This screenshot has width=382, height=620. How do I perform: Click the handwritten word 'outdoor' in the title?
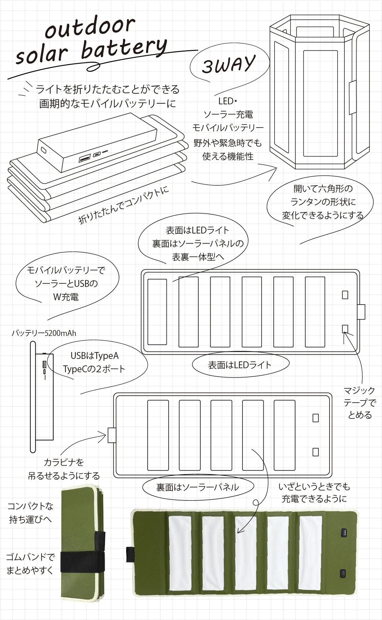click(x=90, y=27)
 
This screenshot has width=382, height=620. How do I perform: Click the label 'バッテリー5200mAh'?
click(x=44, y=333)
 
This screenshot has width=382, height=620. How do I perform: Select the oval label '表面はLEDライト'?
click(x=240, y=365)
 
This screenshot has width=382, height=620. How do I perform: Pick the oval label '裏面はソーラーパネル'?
click(x=198, y=487)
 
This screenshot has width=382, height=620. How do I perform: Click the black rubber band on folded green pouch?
click(x=82, y=561)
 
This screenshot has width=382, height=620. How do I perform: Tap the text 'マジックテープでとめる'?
click(x=360, y=403)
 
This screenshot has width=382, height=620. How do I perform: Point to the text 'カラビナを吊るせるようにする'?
click(x=64, y=469)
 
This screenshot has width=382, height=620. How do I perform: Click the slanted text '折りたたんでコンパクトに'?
click(x=123, y=205)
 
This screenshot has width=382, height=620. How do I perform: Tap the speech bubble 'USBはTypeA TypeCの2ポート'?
click(x=94, y=362)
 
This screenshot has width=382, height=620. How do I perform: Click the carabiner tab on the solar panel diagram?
click(x=112, y=435)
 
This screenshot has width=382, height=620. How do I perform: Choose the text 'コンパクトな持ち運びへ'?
click(x=30, y=513)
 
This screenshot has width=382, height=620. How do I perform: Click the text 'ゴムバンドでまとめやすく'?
click(x=30, y=563)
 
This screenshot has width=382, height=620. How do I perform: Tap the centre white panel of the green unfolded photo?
click(x=245, y=553)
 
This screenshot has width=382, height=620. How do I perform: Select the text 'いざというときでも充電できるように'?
click(x=314, y=492)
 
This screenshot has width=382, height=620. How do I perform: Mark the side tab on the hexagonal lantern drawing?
click(x=352, y=97)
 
